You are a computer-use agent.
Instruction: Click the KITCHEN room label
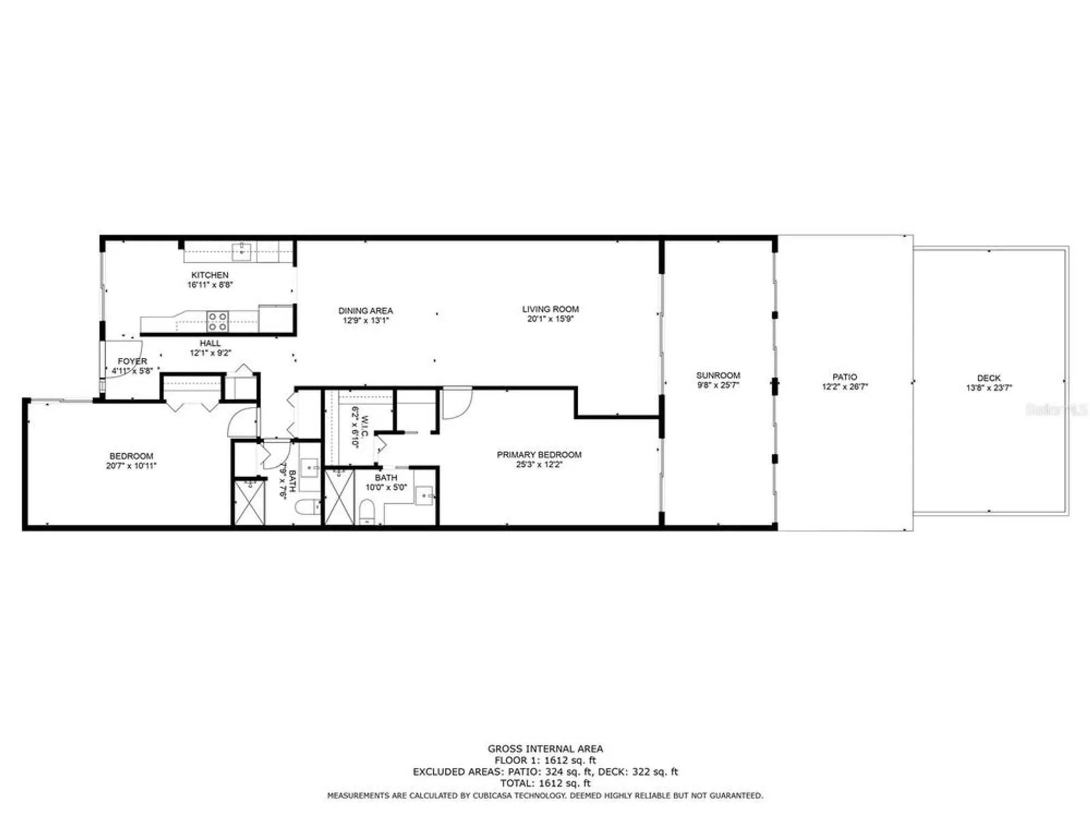point(210,275)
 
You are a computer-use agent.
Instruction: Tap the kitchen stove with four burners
point(217,321)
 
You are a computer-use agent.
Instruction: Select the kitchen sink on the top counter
point(241,251)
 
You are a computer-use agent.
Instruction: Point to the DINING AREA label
point(365,311)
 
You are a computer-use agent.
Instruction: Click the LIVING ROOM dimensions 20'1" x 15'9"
point(550,319)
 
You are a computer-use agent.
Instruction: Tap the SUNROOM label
point(718,375)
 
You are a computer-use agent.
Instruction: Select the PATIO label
point(844,377)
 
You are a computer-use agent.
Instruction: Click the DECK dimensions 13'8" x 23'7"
point(989,388)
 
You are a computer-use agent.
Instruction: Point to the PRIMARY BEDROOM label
point(539,455)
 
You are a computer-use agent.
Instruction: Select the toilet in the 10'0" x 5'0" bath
point(367,512)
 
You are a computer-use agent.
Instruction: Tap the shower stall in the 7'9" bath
point(249,502)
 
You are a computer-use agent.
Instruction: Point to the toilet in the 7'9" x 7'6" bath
point(307,507)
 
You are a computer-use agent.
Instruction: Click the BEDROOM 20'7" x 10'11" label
point(131,456)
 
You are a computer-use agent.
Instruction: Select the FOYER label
point(132,361)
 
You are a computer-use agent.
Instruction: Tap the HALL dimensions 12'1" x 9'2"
point(210,353)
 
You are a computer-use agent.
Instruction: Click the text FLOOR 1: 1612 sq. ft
point(545,760)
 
